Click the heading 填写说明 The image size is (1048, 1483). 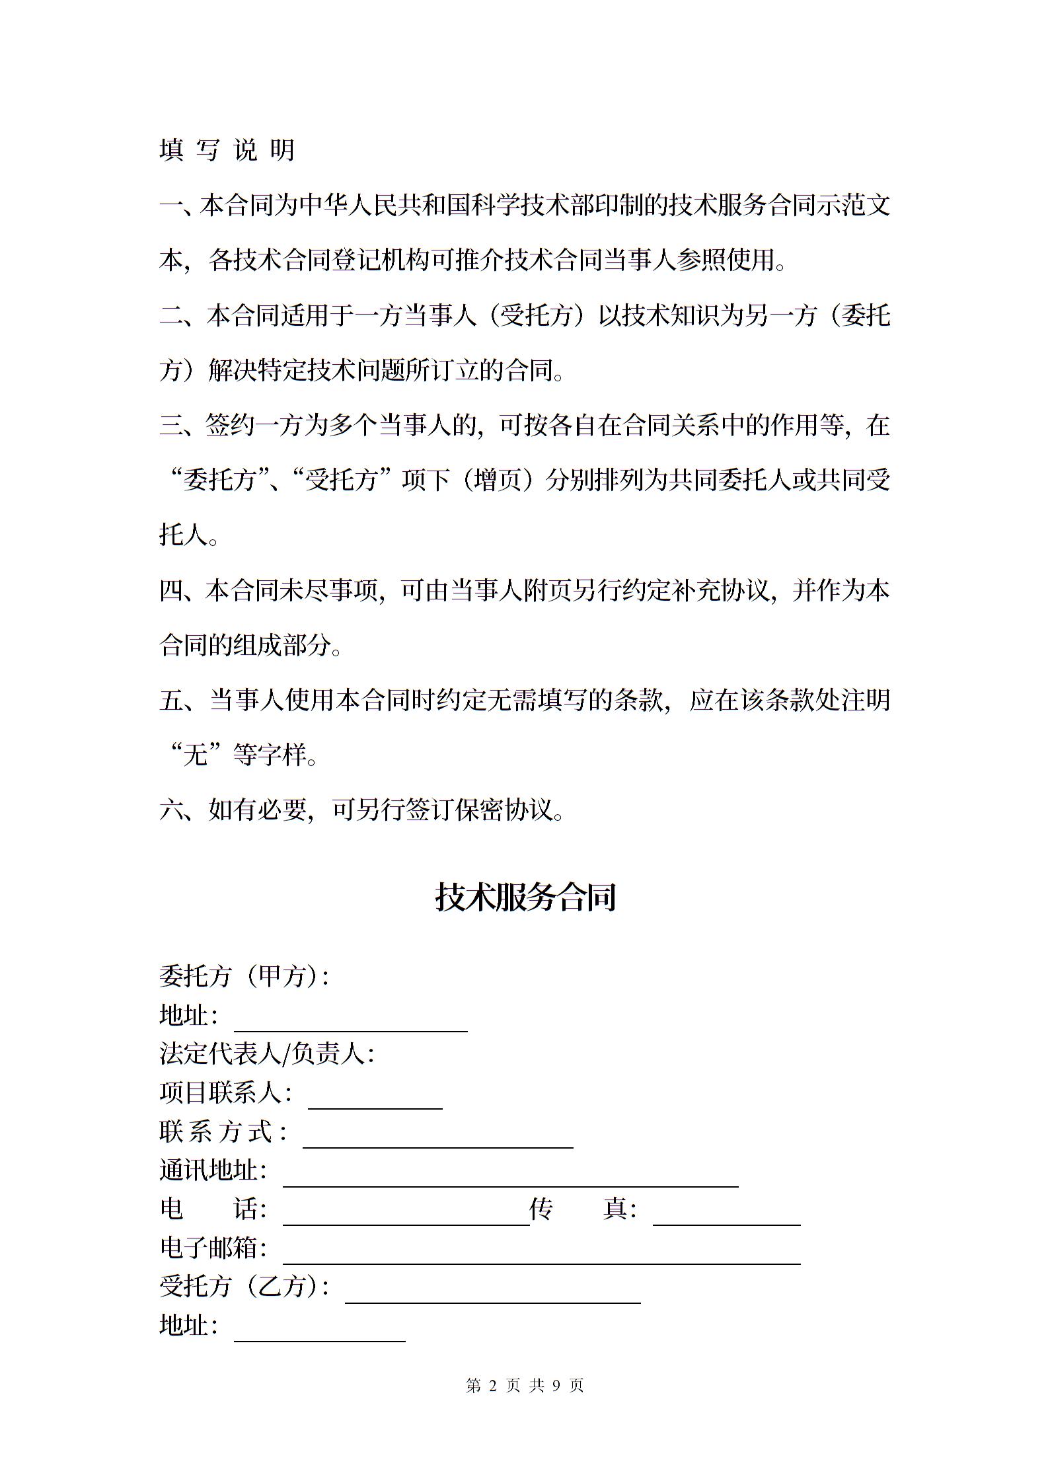click(227, 150)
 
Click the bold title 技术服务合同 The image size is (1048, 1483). click(525, 897)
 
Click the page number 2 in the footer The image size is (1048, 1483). click(492, 1385)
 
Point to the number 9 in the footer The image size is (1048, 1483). click(556, 1385)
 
